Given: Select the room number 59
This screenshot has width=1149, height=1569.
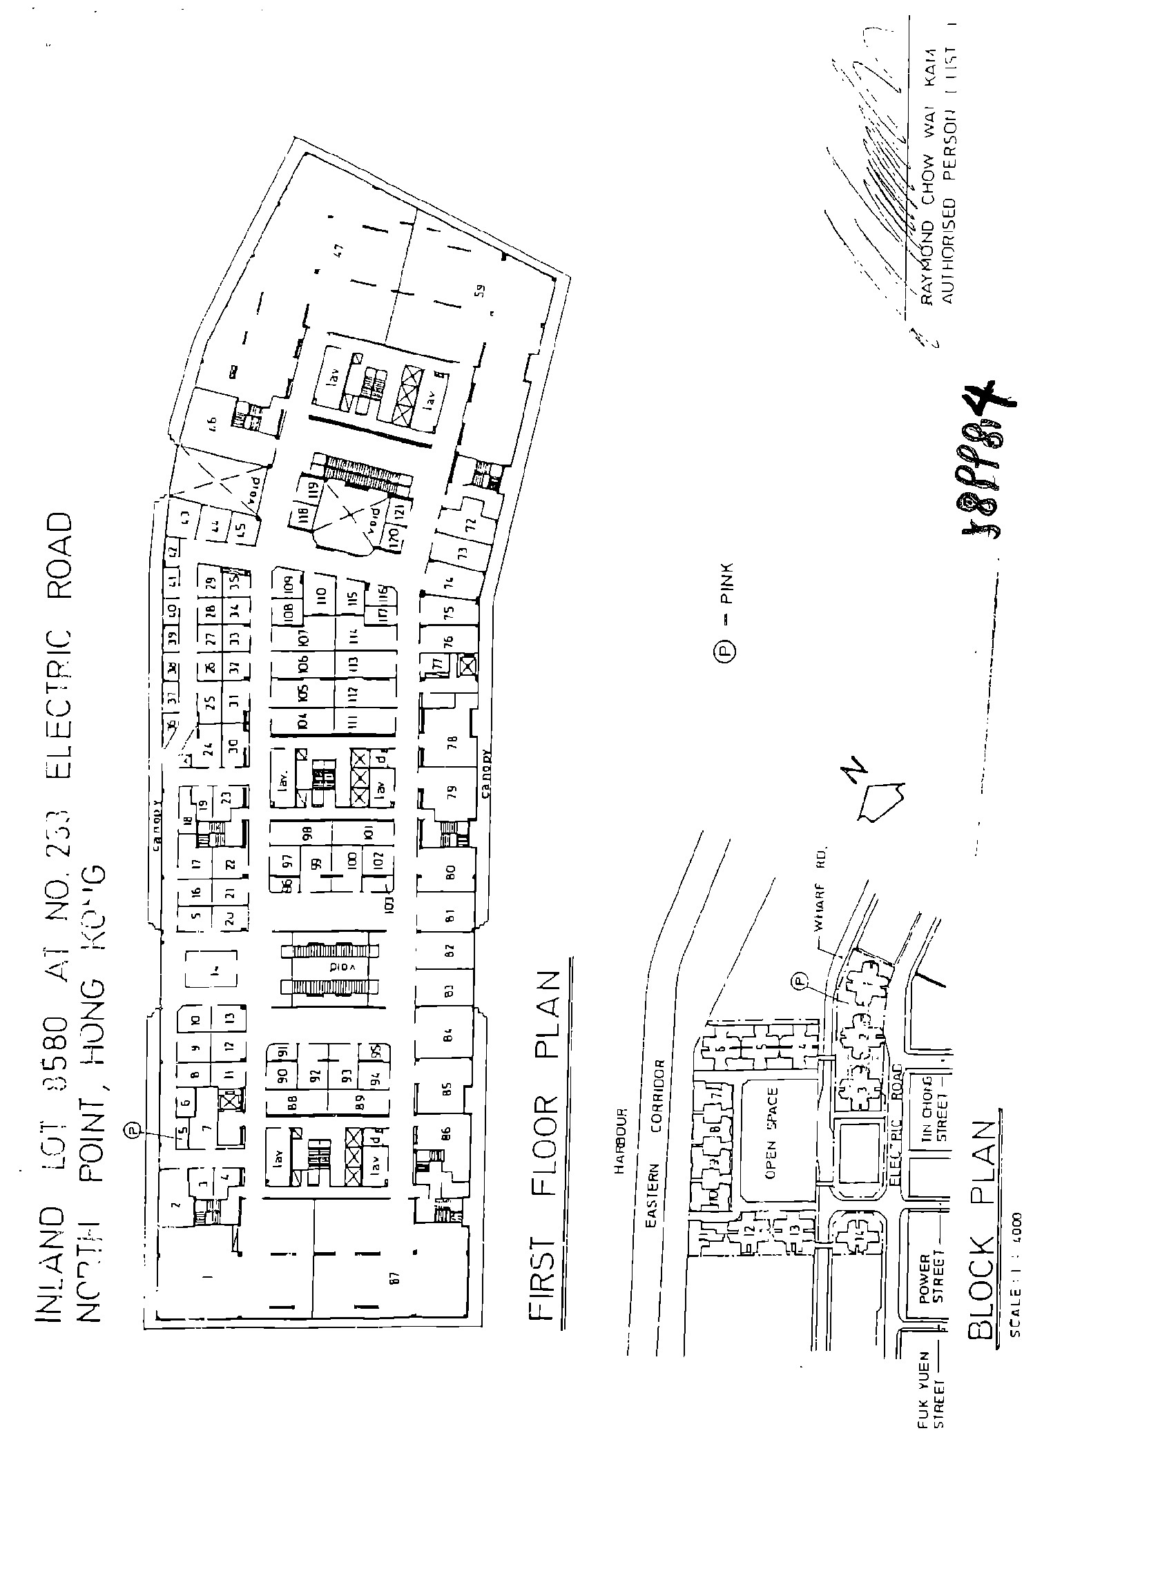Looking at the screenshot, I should click(480, 291).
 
